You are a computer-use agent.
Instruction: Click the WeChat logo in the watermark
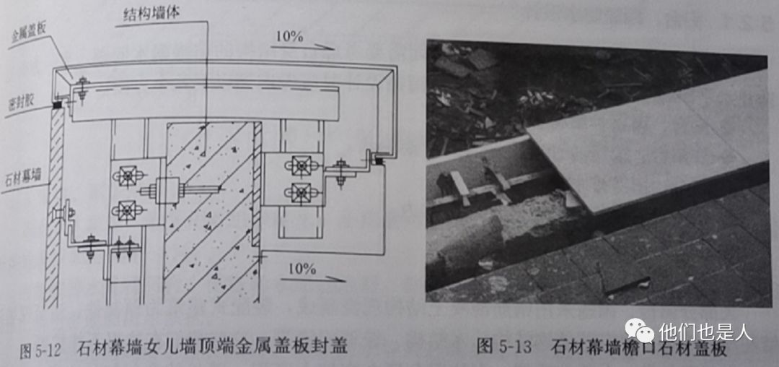click(638, 332)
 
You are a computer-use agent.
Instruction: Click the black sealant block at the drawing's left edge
click(55, 105)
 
